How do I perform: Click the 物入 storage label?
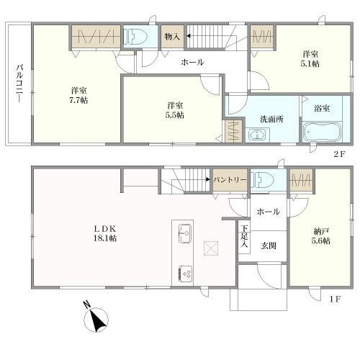pos(171,36)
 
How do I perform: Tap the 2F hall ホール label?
pos(192,63)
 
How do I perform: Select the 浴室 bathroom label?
pos(322,109)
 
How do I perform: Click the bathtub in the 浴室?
pos(322,133)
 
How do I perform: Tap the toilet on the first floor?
pos(265,179)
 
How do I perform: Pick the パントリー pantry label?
pos(230,180)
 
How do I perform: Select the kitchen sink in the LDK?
pos(184,233)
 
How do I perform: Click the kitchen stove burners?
pos(184,273)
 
